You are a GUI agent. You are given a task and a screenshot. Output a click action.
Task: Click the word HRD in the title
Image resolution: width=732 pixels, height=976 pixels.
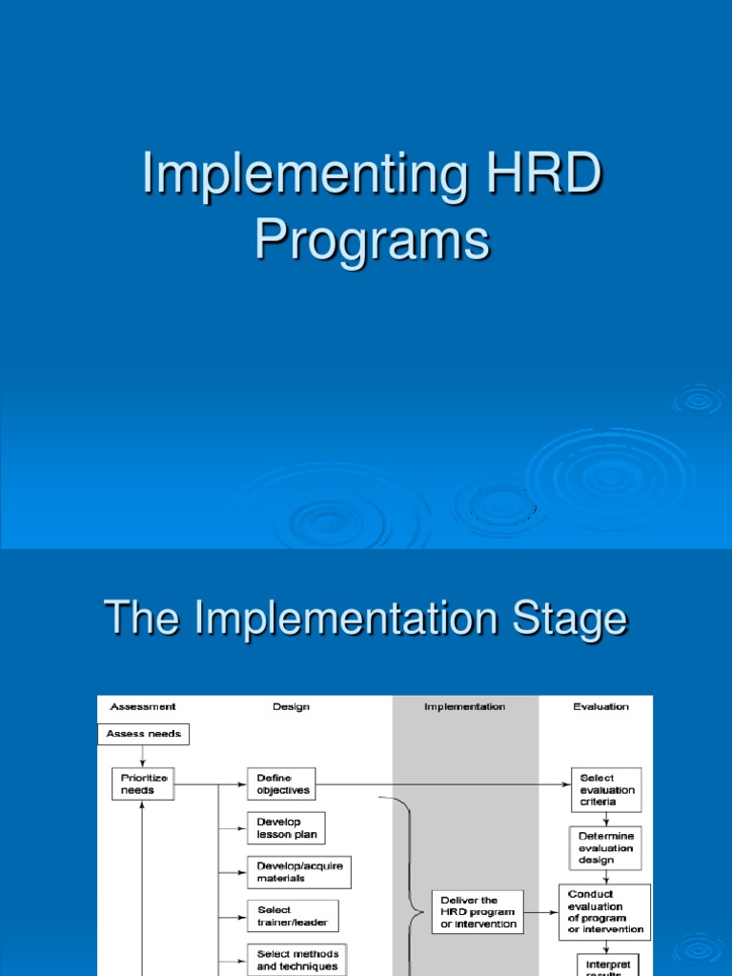pos(537,178)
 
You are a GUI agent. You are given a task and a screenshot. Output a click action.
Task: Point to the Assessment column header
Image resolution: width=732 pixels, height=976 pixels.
pos(143,706)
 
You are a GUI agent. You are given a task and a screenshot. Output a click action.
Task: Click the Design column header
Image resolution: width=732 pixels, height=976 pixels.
pos(291,706)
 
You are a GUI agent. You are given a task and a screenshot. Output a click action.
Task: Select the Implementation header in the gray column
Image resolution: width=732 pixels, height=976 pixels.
pos(465,706)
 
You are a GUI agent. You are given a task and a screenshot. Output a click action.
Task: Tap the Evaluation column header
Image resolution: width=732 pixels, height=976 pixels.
pos(600,706)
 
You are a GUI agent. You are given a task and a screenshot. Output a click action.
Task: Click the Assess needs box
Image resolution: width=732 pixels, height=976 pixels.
pos(144,734)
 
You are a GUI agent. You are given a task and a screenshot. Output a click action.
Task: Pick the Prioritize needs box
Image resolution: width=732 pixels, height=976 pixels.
pos(143,783)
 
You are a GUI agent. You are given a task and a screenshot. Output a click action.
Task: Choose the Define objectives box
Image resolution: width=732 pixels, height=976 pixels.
pos(281,783)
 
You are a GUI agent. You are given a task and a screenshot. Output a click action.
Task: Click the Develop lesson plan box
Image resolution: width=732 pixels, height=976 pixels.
pos(286,827)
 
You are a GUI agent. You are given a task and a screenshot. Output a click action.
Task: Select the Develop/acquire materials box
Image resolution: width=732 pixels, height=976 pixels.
pos(298,871)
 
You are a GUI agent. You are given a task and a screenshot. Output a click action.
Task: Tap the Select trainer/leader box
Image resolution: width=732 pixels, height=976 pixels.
pos(293,916)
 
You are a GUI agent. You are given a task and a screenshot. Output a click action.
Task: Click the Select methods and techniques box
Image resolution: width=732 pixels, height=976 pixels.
pos(297,959)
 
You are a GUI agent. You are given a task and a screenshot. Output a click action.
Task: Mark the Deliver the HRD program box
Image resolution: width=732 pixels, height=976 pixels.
pos(478,911)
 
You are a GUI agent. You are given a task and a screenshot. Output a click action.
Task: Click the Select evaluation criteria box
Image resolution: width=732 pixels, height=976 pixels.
pos(606,790)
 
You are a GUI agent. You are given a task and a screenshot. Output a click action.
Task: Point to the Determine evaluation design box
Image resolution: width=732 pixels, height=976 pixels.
pos(606,847)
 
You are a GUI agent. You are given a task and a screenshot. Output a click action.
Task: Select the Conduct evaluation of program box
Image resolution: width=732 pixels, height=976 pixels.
pos(605,912)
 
